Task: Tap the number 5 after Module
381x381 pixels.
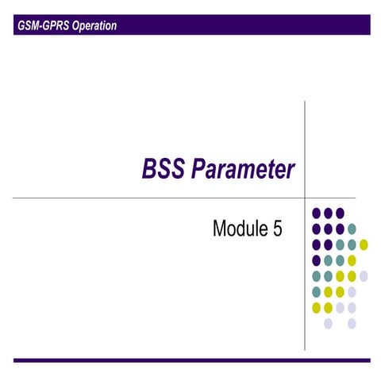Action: tap(277, 230)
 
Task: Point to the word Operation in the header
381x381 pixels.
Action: tap(92, 25)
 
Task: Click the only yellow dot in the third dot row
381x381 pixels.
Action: tap(364, 244)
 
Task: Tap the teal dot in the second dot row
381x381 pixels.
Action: tap(352, 229)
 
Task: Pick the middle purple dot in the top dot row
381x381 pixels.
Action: tap(328, 213)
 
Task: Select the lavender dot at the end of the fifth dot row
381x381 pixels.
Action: tap(364, 275)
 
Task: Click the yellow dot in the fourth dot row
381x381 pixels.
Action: tap(352, 260)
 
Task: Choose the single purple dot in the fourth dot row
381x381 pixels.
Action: tap(317, 260)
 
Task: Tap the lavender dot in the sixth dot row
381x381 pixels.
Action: tap(352, 291)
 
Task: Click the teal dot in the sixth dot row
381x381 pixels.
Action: tap(317, 291)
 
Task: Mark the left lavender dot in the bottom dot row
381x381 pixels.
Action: tap(328, 323)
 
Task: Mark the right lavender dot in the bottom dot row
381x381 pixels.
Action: tap(352, 323)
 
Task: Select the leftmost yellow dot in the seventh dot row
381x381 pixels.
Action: tap(317, 307)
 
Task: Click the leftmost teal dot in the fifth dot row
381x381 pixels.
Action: tap(317, 275)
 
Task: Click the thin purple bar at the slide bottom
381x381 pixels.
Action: tap(190, 360)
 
